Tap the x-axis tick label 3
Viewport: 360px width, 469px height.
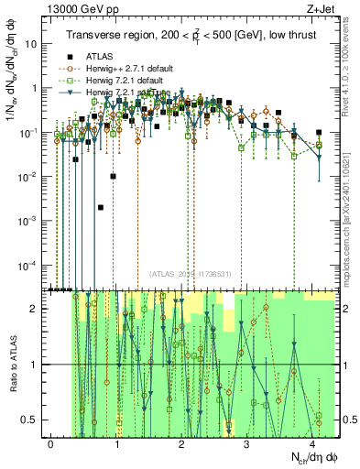[247, 443]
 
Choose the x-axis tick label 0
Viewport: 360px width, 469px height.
[50, 443]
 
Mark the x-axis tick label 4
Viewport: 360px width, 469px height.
[313, 443]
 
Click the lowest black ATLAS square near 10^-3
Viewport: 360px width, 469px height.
[100, 208]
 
